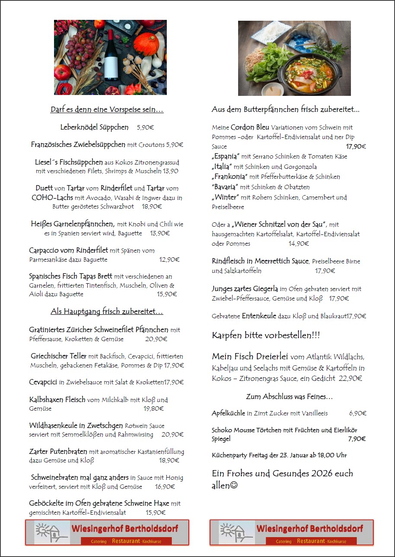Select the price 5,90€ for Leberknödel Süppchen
145,127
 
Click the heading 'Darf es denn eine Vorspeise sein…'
107,110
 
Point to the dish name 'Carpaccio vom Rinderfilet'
68,250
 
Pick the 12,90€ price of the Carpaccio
169,260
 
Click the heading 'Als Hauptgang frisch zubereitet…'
107,311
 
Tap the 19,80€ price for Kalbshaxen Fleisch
154,408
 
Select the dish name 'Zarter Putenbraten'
58,452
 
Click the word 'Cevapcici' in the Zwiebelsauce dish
43,382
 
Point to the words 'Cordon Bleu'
250,127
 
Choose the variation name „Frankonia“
229,177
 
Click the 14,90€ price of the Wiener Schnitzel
299,244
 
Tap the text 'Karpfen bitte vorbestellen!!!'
266,335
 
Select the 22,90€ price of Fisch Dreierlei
350,378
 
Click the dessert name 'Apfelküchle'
228,413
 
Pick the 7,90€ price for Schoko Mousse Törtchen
357,439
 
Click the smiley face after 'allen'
234,485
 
